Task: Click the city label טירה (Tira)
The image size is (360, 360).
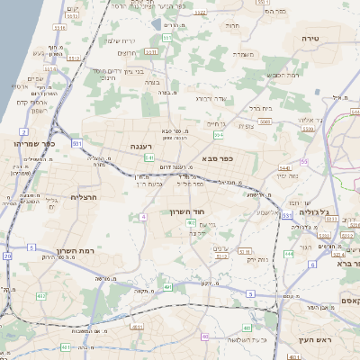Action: (330, 39)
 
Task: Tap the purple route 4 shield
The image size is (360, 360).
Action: (143, 217)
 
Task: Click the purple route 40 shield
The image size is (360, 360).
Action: (206, 336)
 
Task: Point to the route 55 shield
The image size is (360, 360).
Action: (304, 161)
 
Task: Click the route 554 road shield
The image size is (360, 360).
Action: (218, 135)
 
